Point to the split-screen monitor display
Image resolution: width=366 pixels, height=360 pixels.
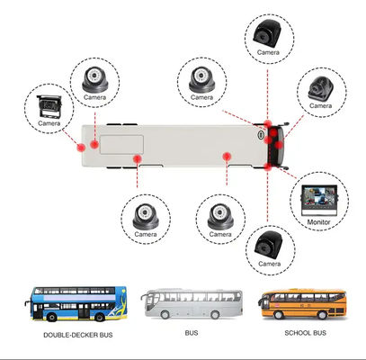[316, 198]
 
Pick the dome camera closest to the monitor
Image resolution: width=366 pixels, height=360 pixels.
[217, 214]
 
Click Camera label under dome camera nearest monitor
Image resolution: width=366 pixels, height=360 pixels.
[217, 235]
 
